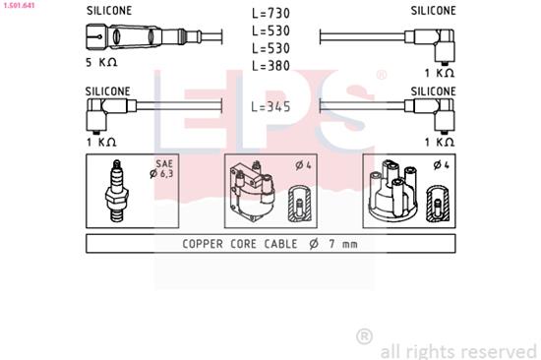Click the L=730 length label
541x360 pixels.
(x=270, y=13)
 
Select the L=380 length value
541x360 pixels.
(x=270, y=66)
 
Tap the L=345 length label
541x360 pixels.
(x=270, y=107)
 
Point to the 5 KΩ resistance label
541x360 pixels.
(x=101, y=63)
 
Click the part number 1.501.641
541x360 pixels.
(x=18, y=5)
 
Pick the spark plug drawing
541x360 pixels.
(x=117, y=191)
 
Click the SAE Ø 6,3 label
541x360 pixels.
(x=161, y=169)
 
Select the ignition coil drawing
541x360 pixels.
(x=253, y=192)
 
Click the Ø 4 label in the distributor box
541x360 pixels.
(x=442, y=165)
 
